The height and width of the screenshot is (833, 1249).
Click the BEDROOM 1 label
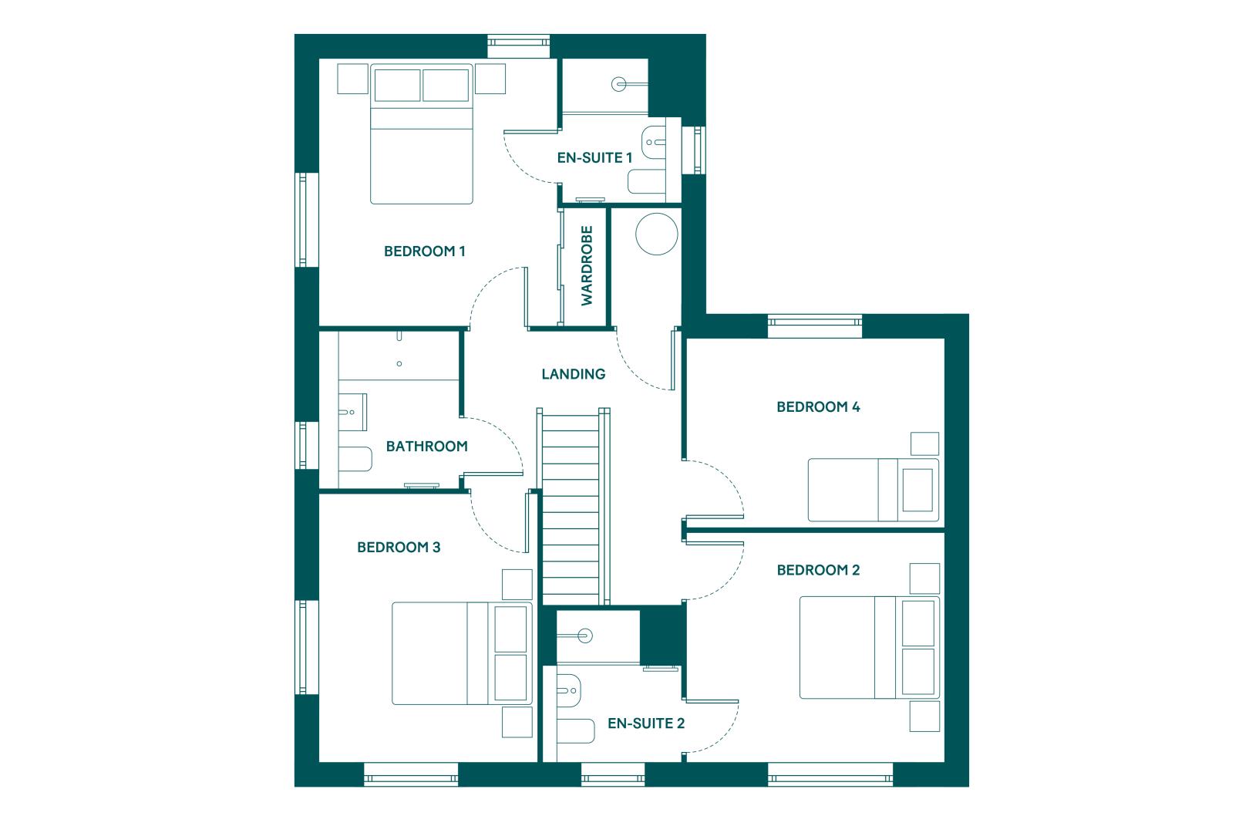point(424,251)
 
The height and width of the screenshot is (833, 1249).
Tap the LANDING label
point(573,374)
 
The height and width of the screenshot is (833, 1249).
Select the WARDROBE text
point(587,265)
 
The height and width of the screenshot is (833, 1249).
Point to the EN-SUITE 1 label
point(594,158)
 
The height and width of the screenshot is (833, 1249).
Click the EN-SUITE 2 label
point(645,723)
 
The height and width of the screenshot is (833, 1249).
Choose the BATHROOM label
point(426,447)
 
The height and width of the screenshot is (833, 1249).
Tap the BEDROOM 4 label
point(818,406)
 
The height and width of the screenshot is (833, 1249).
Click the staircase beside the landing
point(573,507)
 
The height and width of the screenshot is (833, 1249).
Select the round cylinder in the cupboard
point(656,234)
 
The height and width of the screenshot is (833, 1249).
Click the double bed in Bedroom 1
point(422,134)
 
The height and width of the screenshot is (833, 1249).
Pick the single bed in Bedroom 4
point(874,491)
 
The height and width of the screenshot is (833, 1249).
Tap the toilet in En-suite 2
point(576,731)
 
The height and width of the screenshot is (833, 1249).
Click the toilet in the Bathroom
point(355,459)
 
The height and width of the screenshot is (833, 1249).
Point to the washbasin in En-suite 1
point(654,142)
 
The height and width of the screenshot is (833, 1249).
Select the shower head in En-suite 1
point(618,84)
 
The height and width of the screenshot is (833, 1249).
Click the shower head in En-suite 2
point(585,636)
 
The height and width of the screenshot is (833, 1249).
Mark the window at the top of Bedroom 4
point(815,325)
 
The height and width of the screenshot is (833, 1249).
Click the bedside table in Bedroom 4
point(924,443)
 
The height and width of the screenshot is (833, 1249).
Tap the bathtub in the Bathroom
point(399,356)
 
